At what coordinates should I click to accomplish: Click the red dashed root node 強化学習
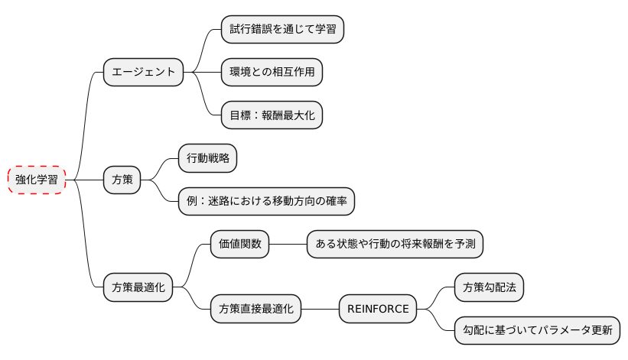coord(37,180)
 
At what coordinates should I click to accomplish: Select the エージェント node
coord(144,73)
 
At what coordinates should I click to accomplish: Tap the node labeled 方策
coord(122,180)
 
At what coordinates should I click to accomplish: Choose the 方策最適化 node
coord(138,288)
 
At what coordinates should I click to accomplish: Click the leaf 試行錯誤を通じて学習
coord(282,30)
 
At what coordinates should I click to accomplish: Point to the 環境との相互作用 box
coord(272,73)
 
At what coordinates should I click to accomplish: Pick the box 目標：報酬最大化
coord(272,115)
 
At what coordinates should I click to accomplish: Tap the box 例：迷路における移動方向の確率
coord(266,202)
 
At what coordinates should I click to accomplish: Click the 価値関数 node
coord(239,245)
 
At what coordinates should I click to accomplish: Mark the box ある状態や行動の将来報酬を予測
coord(395,245)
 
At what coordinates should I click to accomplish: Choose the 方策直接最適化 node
coord(255,310)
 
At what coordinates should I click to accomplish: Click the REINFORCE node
coord(378,310)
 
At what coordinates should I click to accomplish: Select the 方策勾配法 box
coord(489,288)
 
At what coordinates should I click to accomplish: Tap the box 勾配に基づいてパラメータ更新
coord(537,331)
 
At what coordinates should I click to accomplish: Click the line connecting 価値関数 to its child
coord(288,245)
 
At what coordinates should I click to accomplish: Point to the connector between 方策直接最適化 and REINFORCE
coord(320,310)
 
